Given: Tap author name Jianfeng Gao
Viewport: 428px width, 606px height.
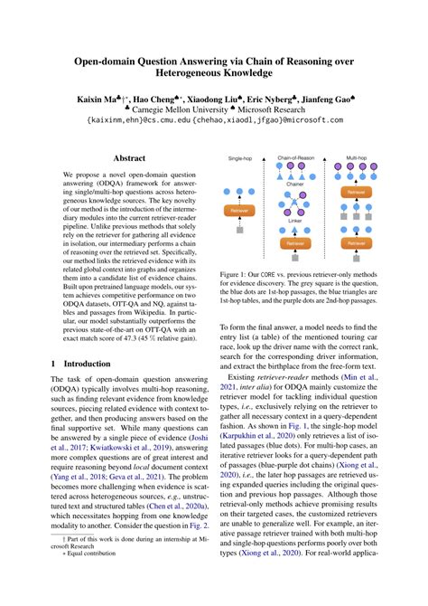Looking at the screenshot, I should tap(338, 95).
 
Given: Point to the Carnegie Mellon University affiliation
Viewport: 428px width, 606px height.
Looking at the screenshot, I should tap(169, 107).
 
